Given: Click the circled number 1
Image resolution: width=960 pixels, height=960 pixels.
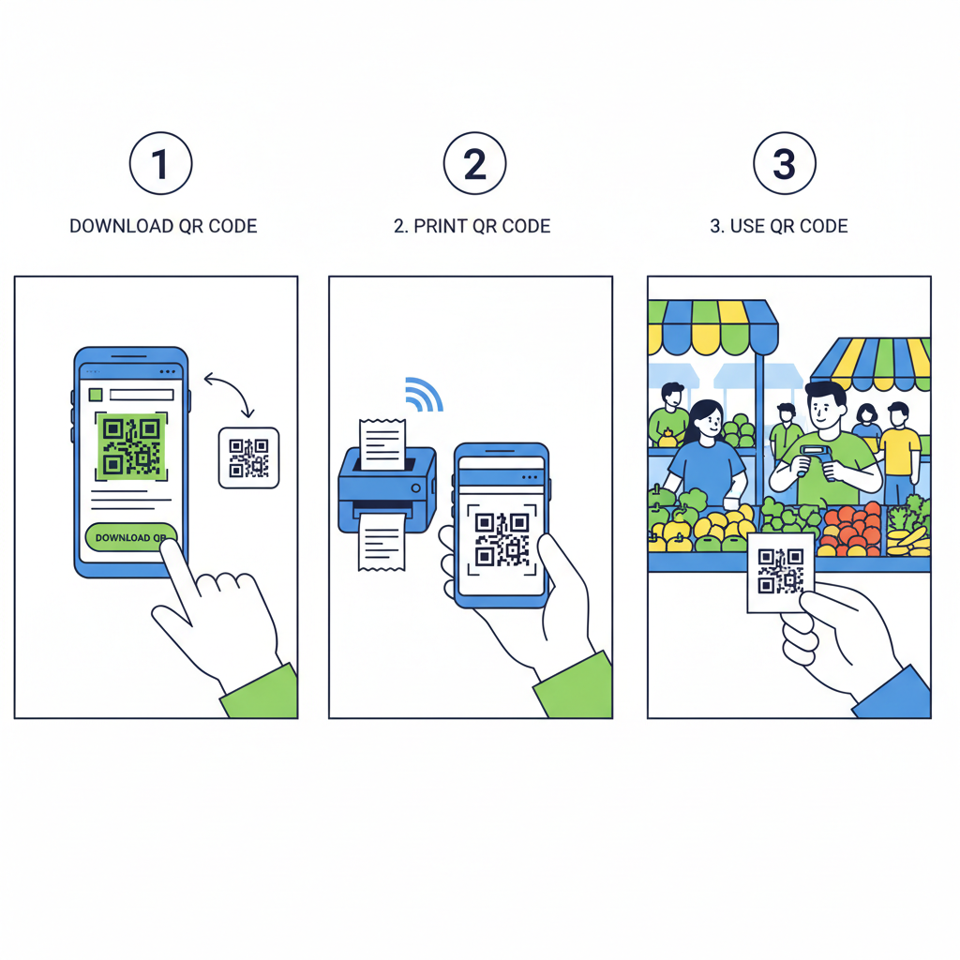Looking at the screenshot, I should [x=160, y=165].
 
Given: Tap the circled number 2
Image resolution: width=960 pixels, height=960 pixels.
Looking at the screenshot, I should [x=474, y=165].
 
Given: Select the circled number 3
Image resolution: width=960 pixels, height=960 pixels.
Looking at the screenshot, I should [x=785, y=165].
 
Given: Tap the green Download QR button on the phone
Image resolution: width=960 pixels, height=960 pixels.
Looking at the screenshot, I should [x=130, y=537].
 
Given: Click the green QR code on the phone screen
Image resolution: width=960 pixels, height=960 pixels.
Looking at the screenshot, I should [x=131, y=446].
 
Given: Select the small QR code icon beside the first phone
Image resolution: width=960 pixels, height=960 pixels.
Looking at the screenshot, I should [x=248, y=457].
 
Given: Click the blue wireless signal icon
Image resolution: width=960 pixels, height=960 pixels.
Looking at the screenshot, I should [x=424, y=395].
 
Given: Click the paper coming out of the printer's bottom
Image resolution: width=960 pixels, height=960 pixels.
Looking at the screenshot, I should [x=382, y=541].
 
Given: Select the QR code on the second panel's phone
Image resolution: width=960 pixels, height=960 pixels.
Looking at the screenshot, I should [x=502, y=539].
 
